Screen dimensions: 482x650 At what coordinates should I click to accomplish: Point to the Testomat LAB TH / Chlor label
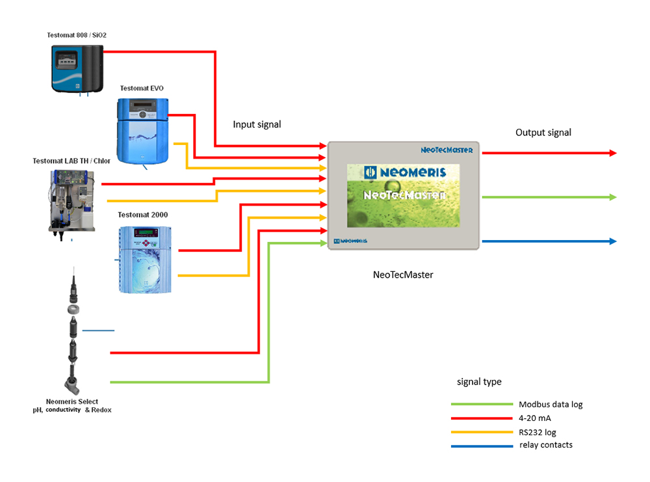pyautogui.click(x=71, y=161)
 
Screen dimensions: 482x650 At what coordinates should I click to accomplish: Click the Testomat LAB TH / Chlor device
pyautogui.click(x=71, y=202)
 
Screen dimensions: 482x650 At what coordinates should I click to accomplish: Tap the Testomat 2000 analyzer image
pyautogui.click(x=144, y=258)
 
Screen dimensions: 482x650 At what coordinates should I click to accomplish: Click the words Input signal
pyautogui.click(x=257, y=124)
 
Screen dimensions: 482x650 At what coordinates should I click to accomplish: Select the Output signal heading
pyautogui.click(x=543, y=133)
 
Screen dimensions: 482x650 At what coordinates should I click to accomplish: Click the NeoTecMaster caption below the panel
pyautogui.click(x=403, y=274)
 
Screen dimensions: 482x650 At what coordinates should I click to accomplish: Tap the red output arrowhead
pyautogui.click(x=613, y=153)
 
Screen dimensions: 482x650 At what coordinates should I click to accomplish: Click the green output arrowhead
pyautogui.click(x=613, y=197)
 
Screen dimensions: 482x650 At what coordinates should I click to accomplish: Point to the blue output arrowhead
pyautogui.click(x=613, y=241)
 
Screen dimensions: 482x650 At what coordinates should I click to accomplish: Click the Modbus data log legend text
pyautogui.click(x=550, y=405)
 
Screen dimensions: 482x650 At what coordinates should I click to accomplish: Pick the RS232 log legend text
pyautogui.click(x=537, y=432)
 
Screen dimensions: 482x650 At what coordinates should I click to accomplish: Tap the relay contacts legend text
pyautogui.click(x=546, y=445)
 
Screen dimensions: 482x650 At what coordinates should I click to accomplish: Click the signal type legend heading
pyautogui.click(x=479, y=382)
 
